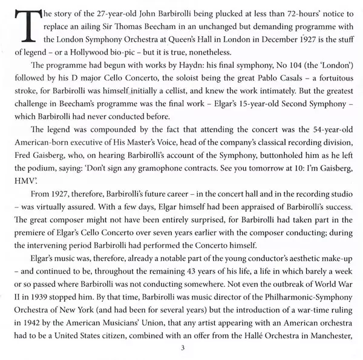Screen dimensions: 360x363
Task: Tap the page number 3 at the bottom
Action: click(181, 349)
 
